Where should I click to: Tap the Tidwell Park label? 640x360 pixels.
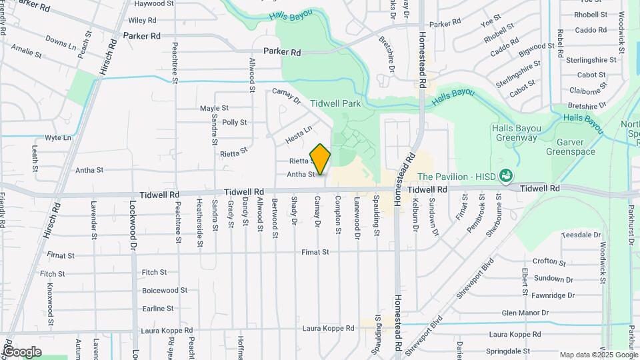[x=335, y=103]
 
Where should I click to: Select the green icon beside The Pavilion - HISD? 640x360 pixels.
[x=506, y=175]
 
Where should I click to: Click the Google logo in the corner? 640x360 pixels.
[x=22, y=351]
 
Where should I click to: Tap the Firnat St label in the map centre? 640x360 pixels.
[x=315, y=253]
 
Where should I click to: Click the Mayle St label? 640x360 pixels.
[x=214, y=108]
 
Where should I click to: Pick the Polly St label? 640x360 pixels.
[x=235, y=123]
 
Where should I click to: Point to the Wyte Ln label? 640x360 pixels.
[x=58, y=138]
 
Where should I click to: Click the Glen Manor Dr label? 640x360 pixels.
[x=525, y=312]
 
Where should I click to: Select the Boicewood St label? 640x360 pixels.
[x=165, y=291]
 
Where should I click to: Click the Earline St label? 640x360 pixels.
[x=157, y=309]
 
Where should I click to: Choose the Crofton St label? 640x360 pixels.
[x=549, y=263]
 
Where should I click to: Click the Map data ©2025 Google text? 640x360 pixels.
[x=597, y=355]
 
